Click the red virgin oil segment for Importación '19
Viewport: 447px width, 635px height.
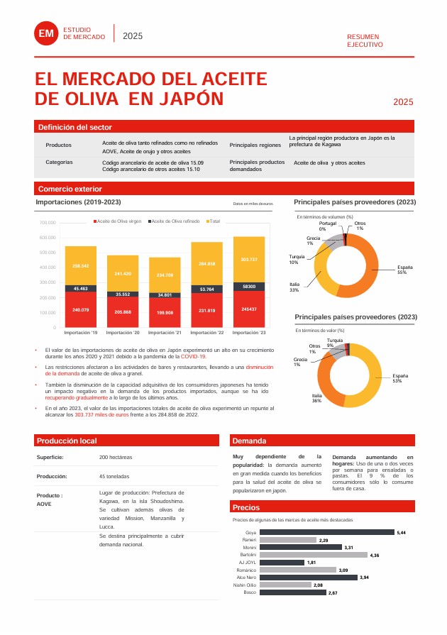(x=80, y=309)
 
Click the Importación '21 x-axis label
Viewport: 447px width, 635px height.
(x=164, y=332)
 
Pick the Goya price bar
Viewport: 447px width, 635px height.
(x=327, y=532)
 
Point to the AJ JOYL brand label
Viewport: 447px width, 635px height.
(x=247, y=562)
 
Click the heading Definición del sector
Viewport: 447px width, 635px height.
(x=74, y=127)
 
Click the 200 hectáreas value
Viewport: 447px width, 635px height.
(x=116, y=457)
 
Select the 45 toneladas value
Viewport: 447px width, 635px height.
(x=114, y=476)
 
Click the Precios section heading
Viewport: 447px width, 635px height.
(x=246, y=507)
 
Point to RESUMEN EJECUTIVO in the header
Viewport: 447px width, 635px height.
(x=365, y=40)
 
